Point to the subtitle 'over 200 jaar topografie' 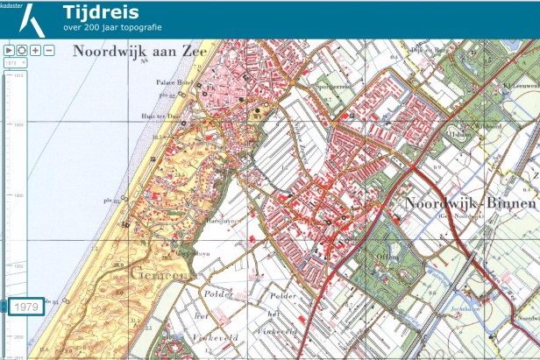[111, 28]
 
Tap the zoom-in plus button [35, 51]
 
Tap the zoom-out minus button [49, 51]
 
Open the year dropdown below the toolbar [12, 63]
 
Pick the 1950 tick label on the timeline [18, 265]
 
